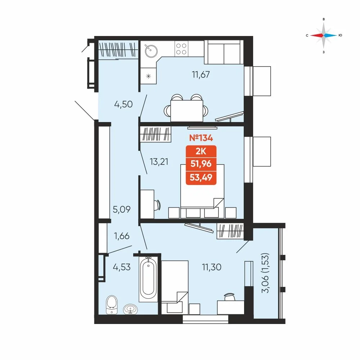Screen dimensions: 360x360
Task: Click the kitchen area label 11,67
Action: [201, 75]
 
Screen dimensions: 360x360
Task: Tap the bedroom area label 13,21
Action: [159, 162]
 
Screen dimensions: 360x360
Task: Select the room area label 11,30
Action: [211, 267]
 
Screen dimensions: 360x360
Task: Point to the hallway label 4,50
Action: [123, 104]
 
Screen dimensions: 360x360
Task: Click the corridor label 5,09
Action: [122, 209]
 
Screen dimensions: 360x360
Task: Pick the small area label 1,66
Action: [122, 236]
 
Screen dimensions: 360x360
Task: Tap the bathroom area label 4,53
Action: [122, 267]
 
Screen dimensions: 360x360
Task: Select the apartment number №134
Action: [201, 138]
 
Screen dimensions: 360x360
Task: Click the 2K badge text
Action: [201, 152]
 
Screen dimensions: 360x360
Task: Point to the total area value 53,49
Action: [201, 177]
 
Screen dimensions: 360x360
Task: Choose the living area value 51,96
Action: [201, 164]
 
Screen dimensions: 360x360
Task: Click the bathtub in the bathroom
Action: [148, 279]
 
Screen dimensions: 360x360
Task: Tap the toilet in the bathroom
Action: [112, 305]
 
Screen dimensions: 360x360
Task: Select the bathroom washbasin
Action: [131, 309]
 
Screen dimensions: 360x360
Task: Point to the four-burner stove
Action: [181, 49]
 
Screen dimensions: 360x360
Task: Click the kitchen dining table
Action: [186, 111]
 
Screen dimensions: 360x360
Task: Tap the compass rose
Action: [324, 35]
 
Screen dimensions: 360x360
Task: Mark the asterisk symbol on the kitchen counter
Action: [149, 76]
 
